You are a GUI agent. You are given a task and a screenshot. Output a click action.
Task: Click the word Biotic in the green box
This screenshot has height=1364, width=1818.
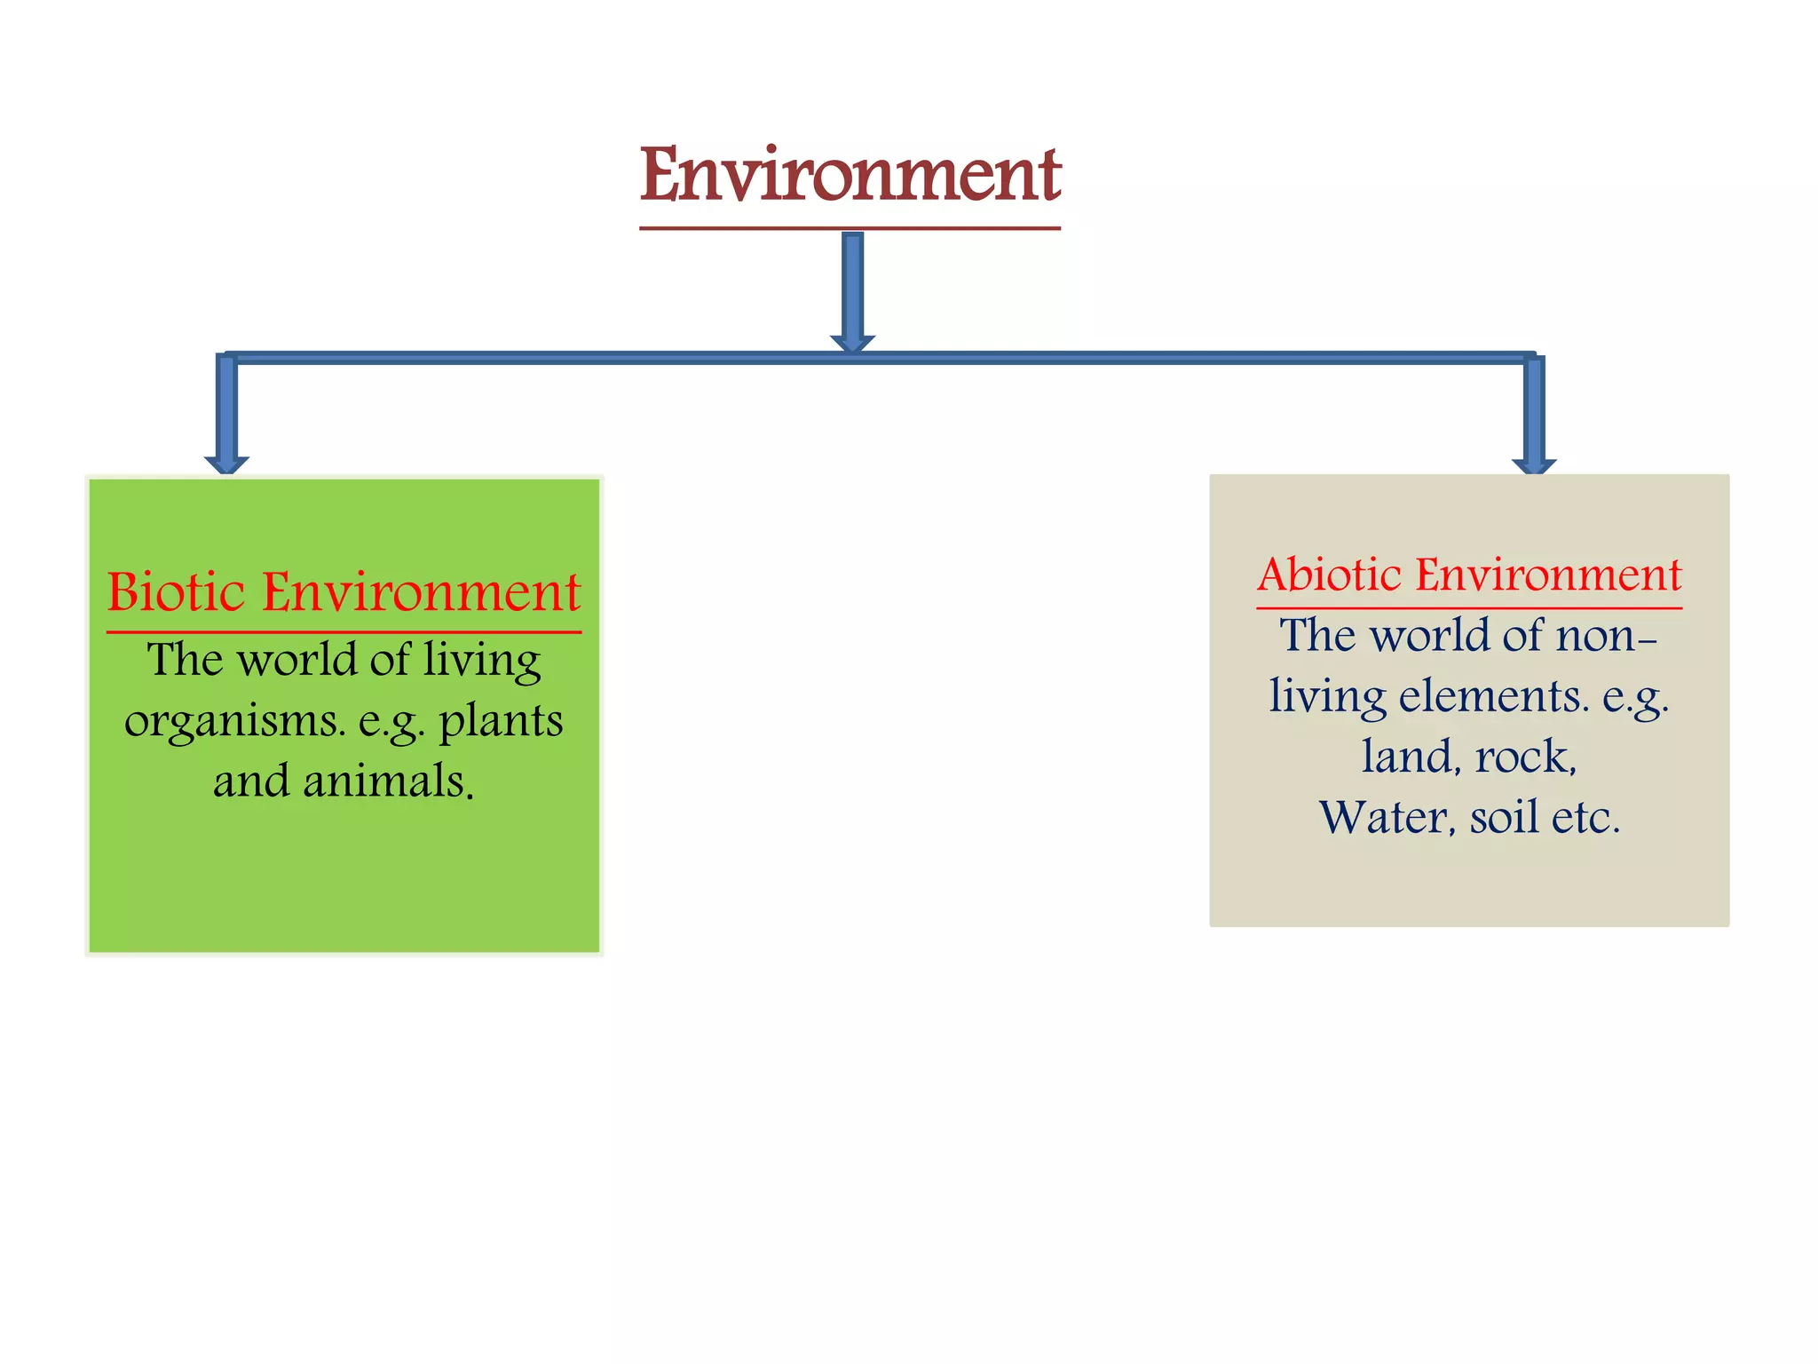coord(176,592)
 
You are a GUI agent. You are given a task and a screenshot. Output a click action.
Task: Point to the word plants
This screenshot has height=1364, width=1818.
coord(502,721)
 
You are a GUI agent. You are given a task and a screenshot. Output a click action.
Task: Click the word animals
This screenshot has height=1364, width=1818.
coord(389,781)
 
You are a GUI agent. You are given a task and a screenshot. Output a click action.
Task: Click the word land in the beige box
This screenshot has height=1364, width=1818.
coord(1411,757)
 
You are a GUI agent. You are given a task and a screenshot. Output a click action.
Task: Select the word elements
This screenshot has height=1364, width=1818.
coord(1493,695)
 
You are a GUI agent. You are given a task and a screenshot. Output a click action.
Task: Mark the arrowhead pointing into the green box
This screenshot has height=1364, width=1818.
coord(226,464)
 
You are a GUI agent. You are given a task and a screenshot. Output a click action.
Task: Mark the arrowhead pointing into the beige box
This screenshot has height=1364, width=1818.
coord(1534,466)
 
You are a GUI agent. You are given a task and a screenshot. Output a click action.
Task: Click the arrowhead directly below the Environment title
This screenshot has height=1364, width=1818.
coord(852,344)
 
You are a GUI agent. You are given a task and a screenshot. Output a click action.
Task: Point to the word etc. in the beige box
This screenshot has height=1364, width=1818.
coord(1585,817)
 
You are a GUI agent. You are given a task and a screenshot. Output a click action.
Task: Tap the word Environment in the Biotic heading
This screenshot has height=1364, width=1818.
coord(422,592)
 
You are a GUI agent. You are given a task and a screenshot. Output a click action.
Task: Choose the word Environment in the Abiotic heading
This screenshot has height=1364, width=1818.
coord(1548,575)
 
